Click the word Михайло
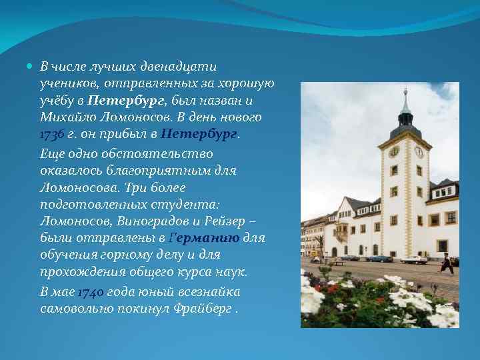(x=64, y=117)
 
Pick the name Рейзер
(x=233, y=221)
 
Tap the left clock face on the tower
(x=394, y=151)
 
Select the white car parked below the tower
(x=413, y=259)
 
